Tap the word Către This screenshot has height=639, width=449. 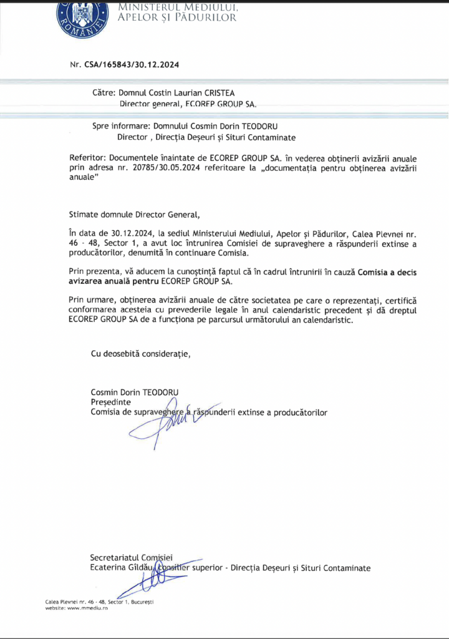click(x=104, y=92)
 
